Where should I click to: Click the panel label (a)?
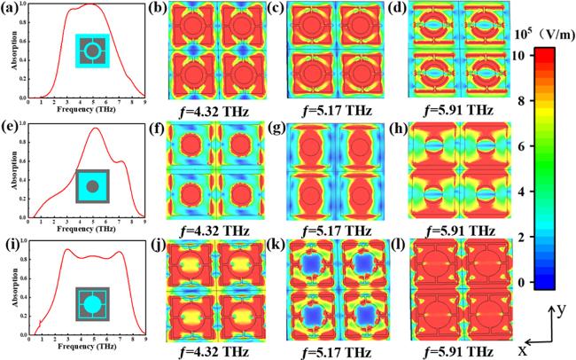click(10, 10)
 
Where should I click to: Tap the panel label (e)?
click(10, 129)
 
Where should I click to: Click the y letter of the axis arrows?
click(561, 308)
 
